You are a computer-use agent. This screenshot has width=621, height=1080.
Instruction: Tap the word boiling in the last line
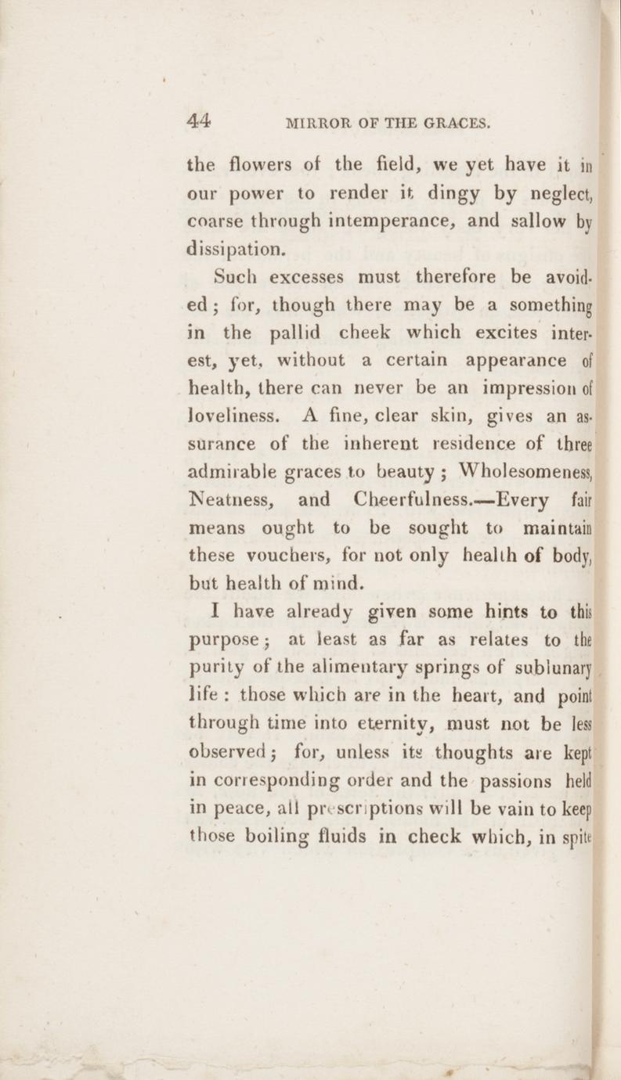tap(300, 837)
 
